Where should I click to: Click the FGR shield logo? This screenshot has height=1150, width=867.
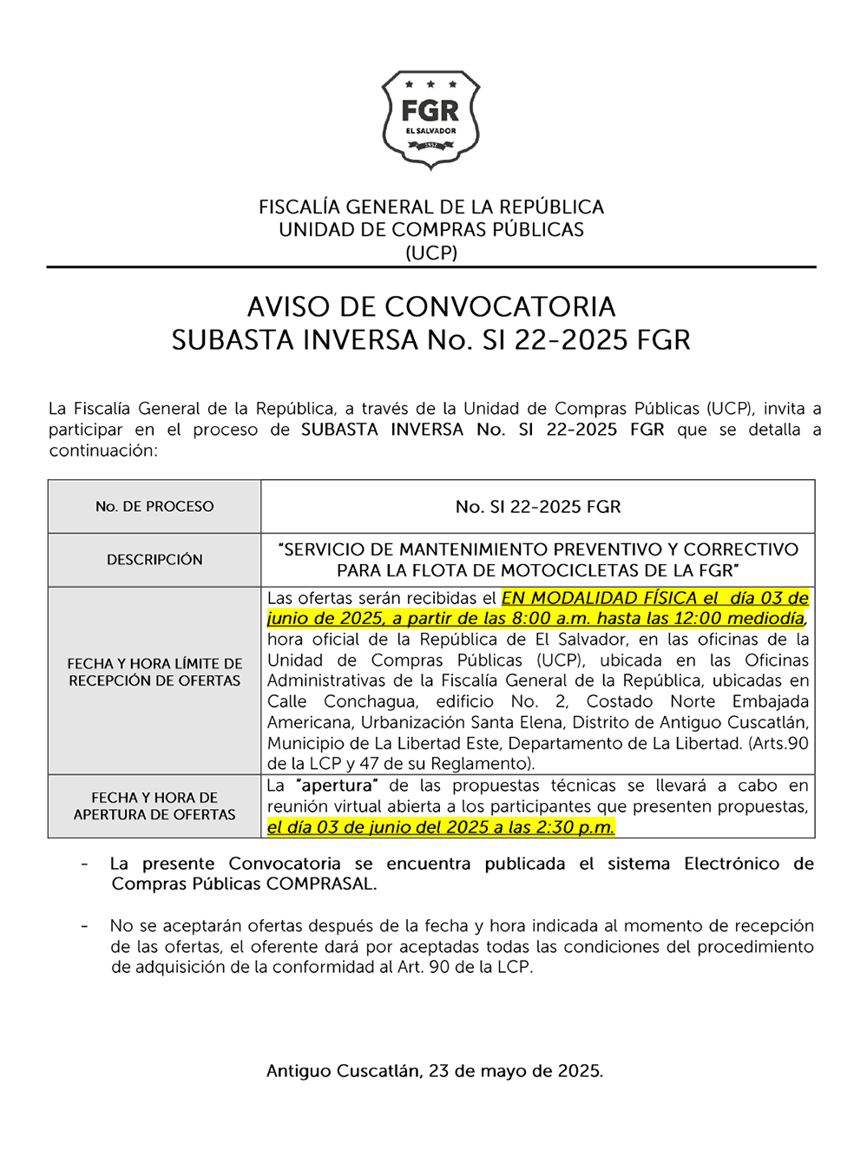[x=430, y=120]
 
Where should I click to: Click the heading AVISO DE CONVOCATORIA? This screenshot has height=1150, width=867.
[x=431, y=307]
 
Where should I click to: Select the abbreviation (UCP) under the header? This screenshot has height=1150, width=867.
[x=431, y=253]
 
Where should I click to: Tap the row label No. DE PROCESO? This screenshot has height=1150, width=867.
[x=154, y=507]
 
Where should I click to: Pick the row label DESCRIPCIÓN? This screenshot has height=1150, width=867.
[x=154, y=560]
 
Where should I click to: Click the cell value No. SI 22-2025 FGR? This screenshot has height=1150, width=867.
[x=538, y=507]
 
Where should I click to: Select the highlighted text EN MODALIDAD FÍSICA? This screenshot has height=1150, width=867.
[x=599, y=598]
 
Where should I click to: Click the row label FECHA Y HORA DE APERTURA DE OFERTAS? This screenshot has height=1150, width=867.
[x=154, y=806]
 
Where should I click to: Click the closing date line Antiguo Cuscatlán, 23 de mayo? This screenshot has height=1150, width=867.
[x=434, y=1071]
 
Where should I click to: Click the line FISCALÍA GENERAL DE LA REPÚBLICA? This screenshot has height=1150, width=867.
[x=431, y=207]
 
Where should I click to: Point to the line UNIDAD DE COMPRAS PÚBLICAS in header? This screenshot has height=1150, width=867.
[x=431, y=230]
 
